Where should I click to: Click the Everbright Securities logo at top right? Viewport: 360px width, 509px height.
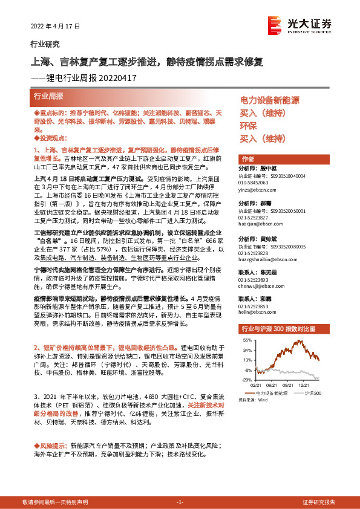[301, 24]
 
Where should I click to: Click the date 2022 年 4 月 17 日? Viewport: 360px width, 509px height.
[54, 27]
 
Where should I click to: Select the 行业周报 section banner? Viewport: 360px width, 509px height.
[48, 96]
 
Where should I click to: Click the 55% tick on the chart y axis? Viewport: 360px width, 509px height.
[248, 341]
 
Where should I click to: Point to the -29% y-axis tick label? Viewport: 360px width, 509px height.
[248, 380]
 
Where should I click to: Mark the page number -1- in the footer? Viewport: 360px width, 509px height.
[180, 502]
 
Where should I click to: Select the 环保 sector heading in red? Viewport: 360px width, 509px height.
[248, 126]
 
